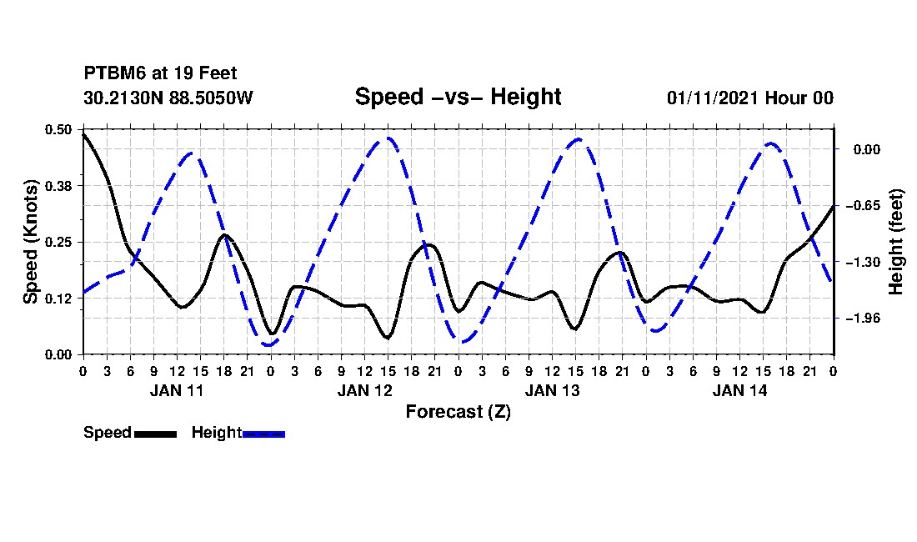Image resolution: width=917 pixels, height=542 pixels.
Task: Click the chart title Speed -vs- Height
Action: tap(458, 97)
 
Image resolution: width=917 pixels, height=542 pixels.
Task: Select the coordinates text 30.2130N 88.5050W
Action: tap(168, 98)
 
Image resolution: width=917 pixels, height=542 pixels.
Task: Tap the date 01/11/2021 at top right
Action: tap(713, 98)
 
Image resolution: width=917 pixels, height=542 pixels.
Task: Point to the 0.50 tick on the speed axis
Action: tap(58, 129)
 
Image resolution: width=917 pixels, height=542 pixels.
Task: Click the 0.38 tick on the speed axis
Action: tap(58, 186)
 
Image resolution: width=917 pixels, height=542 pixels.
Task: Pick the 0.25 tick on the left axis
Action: tap(58, 242)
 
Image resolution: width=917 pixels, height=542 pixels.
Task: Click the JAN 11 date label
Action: tap(177, 390)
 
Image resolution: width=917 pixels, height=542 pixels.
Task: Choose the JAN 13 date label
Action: tap(552, 390)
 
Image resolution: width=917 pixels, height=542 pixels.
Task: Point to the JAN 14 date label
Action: tap(739, 390)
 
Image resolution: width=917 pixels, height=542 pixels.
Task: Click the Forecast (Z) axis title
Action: tap(458, 412)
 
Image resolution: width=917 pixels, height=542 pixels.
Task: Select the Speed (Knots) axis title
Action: tap(30, 242)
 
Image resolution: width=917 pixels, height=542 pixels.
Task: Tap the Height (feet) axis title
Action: tap(895, 242)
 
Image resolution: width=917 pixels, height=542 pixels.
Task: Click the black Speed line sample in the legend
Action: tap(155, 434)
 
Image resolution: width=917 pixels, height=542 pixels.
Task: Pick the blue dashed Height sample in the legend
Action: tap(263, 434)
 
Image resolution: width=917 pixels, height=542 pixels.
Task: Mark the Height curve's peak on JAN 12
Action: tap(386, 138)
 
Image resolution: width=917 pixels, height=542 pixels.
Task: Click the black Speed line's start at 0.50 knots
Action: tap(84, 134)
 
